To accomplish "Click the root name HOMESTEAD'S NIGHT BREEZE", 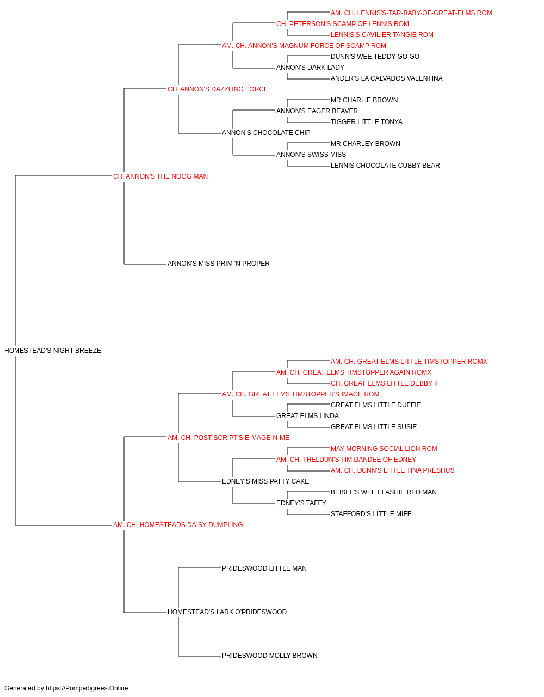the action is tap(53, 351).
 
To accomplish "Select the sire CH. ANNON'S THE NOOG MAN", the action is tap(160, 176).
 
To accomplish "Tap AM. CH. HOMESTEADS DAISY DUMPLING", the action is tap(178, 525).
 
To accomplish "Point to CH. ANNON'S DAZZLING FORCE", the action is tap(218, 89).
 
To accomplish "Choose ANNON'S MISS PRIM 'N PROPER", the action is tap(219, 264).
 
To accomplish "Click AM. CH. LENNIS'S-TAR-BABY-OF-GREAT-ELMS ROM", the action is tap(411, 13).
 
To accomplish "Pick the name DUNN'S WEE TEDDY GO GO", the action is tap(375, 57).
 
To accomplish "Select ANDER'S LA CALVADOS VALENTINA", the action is tap(386, 78).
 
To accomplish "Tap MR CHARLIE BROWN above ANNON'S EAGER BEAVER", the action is tap(364, 100).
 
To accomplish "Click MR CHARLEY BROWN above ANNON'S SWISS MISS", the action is tap(365, 144).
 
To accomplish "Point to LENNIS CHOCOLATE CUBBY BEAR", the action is tap(385, 166).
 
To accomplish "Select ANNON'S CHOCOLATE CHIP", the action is tap(266, 133).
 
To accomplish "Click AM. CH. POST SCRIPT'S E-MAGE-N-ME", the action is tap(228, 438).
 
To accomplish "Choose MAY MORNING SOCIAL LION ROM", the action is tap(384, 449).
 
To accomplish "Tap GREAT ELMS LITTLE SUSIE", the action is tap(374, 427).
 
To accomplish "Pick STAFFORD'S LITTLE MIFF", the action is tap(370, 514).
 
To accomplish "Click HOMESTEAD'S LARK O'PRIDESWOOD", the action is tap(227, 612).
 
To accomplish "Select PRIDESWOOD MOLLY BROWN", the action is tap(269, 656).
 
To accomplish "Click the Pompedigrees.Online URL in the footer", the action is tap(86, 688).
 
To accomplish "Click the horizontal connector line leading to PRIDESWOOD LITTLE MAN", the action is tap(200, 567).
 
